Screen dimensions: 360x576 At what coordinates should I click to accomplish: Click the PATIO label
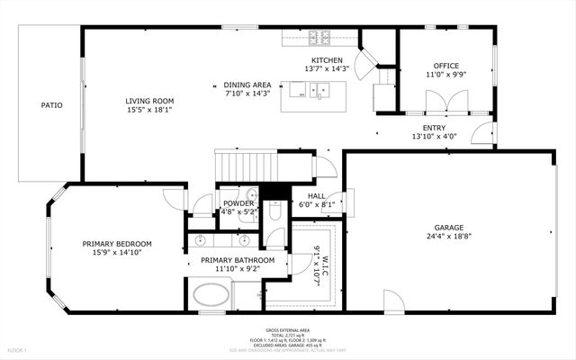click(x=51, y=105)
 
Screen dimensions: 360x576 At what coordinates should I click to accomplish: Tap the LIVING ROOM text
click(x=149, y=101)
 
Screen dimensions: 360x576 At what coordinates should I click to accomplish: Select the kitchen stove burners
click(x=319, y=38)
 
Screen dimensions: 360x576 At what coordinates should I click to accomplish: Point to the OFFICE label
click(x=445, y=66)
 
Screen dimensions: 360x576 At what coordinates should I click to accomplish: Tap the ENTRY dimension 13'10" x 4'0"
click(x=435, y=137)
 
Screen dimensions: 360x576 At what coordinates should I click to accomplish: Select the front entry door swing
click(x=483, y=136)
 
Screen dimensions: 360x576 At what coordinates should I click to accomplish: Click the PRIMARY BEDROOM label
click(x=117, y=244)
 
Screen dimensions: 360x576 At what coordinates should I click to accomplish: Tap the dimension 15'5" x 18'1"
click(x=149, y=110)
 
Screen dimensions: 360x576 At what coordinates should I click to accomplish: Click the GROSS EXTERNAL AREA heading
click(x=287, y=330)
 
